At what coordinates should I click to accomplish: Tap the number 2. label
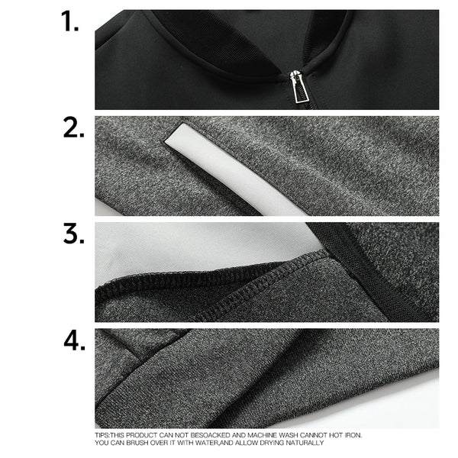coord(73,128)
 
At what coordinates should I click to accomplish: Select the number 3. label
coord(73,234)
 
